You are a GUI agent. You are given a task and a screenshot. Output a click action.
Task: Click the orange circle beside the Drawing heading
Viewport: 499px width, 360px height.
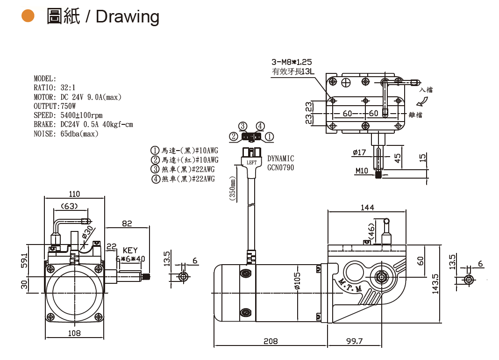(x=29, y=16)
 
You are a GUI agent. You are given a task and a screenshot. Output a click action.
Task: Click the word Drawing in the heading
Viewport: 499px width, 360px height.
(x=128, y=17)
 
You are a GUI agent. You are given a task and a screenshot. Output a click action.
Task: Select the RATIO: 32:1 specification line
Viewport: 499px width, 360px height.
(x=54, y=88)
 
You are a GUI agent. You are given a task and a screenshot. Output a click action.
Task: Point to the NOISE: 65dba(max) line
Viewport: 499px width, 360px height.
(x=66, y=134)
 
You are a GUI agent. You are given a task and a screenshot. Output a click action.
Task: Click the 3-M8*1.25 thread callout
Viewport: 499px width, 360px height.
(x=292, y=62)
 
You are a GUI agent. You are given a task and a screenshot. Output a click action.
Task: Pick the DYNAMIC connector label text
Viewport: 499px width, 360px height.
(x=280, y=159)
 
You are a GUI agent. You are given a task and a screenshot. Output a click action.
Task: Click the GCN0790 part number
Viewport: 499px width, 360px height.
(x=280, y=167)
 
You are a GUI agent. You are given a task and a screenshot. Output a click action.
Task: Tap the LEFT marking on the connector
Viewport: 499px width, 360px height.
(x=251, y=163)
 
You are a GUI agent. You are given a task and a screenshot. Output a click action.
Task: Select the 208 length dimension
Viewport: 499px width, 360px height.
(x=271, y=341)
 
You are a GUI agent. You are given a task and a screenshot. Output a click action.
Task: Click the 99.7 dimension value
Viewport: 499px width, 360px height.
(x=354, y=341)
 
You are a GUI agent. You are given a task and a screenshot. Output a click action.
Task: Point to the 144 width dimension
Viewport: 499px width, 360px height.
(x=367, y=208)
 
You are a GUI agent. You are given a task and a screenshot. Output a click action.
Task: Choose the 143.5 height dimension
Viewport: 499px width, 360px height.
(x=435, y=284)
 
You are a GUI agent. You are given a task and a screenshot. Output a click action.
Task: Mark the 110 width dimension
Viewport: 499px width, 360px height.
(x=74, y=194)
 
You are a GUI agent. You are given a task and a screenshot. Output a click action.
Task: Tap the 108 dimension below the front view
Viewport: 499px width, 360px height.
(x=74, y=333)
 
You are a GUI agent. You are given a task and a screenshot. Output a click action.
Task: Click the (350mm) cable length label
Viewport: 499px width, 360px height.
(x=232, y=188)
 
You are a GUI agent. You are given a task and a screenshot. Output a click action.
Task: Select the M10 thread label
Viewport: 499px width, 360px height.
(x=362, y=171)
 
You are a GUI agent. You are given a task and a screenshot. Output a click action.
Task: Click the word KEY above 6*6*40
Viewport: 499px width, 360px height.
(x=130, y=251)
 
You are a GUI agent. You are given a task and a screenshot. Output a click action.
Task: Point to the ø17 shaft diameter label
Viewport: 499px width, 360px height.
(x=359, y=152)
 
